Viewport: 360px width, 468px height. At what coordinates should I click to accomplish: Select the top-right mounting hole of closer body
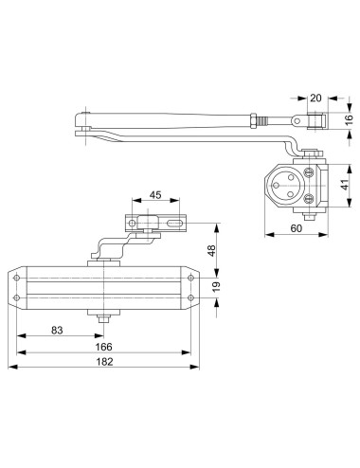click(x=191, y=278)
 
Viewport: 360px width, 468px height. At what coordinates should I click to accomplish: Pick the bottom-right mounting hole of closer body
click(x=191, y=300)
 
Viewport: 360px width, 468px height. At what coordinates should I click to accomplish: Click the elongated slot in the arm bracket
click(x=174, y=224)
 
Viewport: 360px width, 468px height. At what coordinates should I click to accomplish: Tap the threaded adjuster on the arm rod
click(x=259, y=122)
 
